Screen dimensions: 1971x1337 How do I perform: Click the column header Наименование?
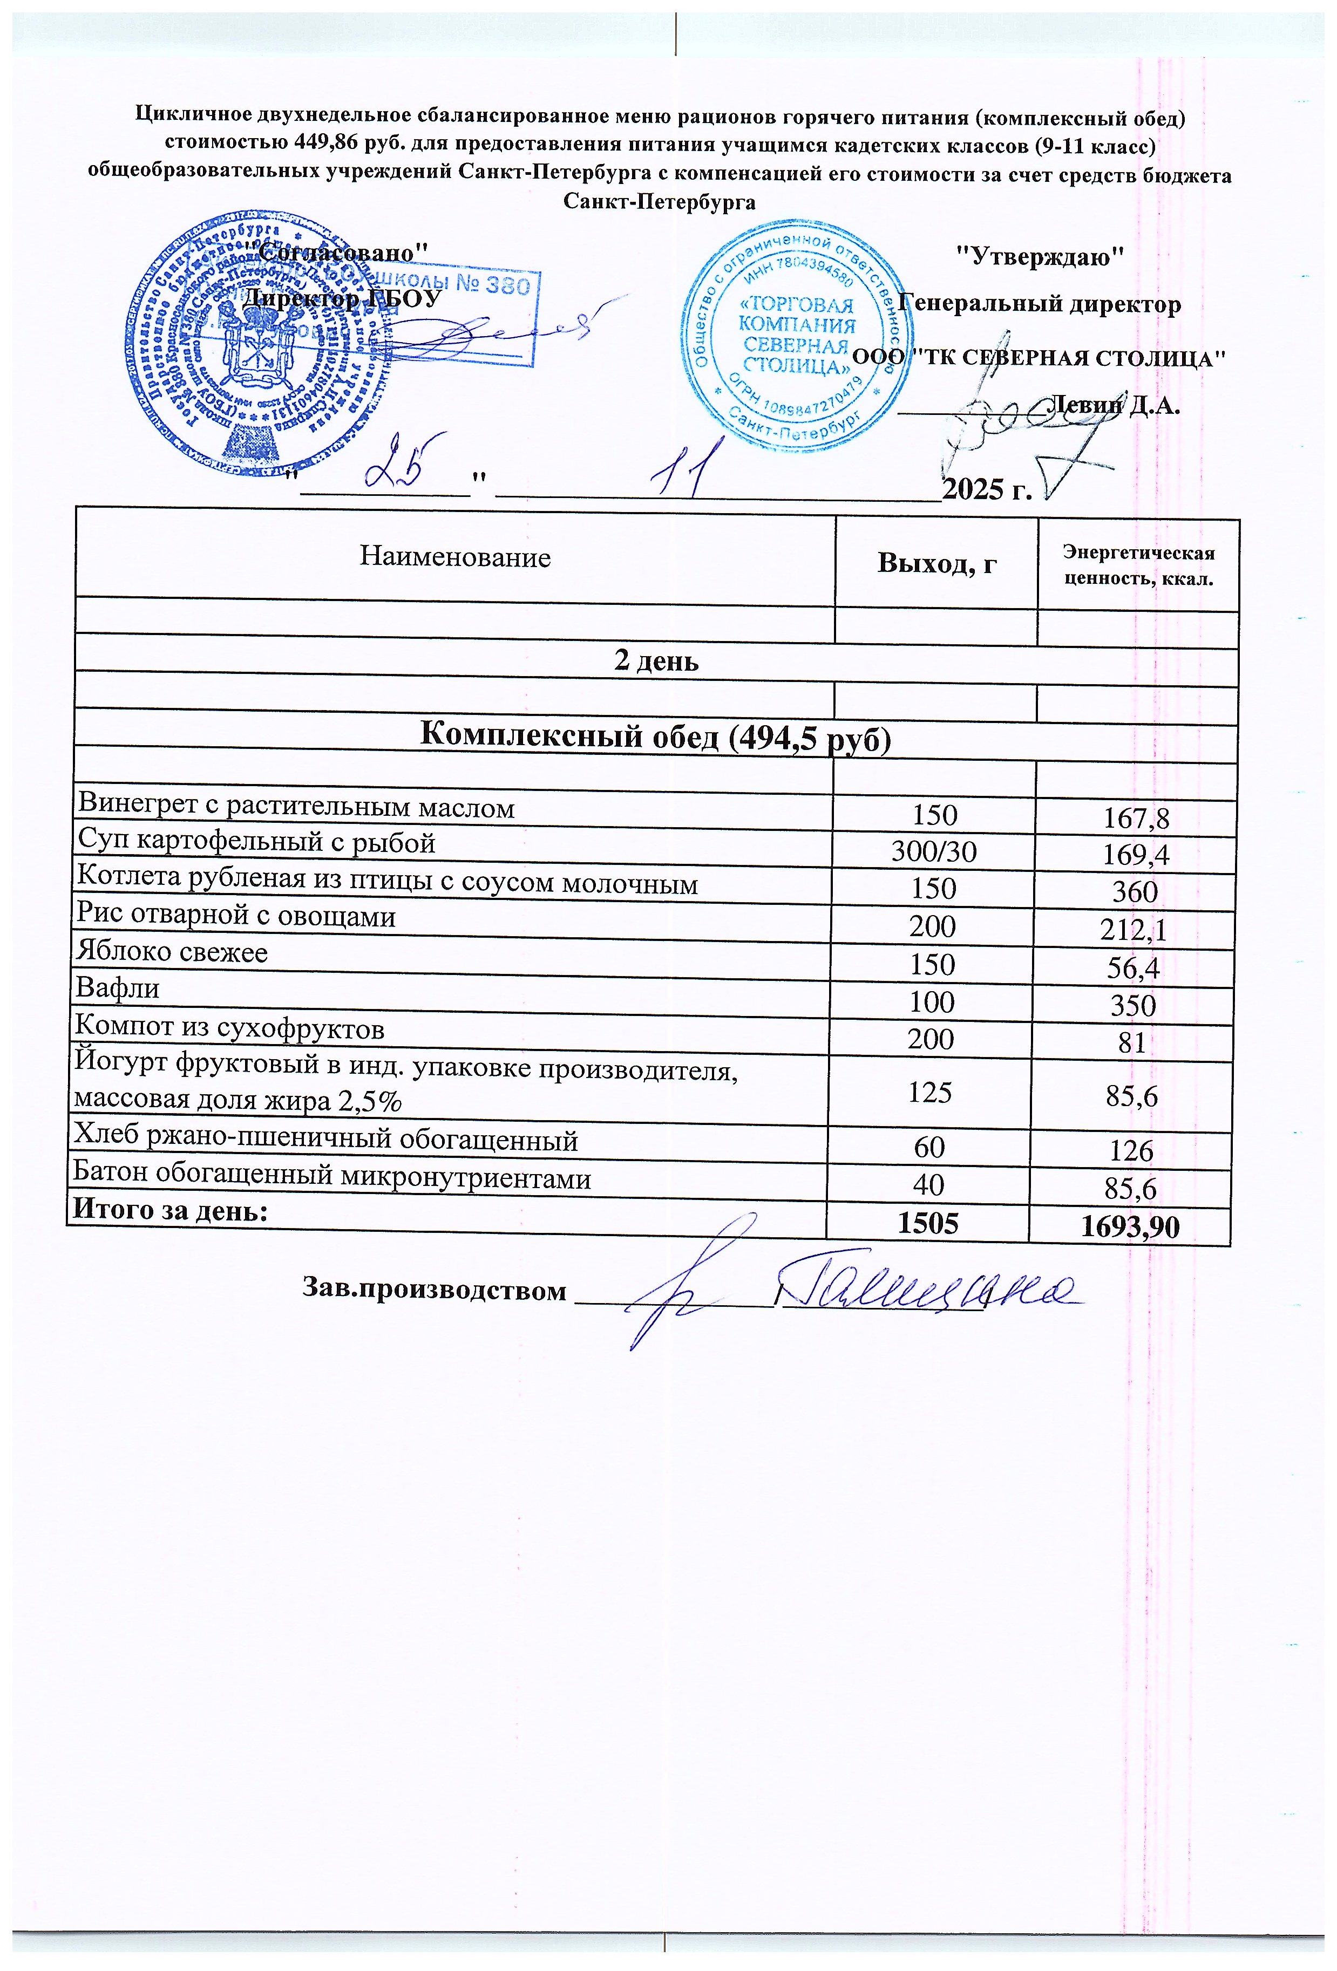tap(456, 557)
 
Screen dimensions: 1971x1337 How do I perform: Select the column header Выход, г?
tap(936, 563)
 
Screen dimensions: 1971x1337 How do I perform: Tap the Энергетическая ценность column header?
tap(1138, 567)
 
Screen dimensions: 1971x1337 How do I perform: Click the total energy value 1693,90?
tap(1130, 1227)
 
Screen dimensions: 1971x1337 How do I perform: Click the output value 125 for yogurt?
tap(930, 1093)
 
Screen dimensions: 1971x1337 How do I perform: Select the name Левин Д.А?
tap(1115, 405)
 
